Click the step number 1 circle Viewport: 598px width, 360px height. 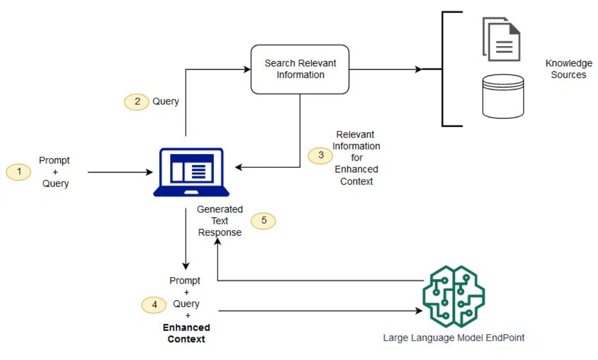[x=19, y=172]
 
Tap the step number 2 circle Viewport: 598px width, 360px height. [x=137, y=102]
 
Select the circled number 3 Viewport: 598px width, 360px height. [x=321, y=155]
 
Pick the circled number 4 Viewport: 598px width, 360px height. [x=154, y=305]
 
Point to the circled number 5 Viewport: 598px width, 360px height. [x=264, y=221]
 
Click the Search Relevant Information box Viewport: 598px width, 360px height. [x=300, y=69]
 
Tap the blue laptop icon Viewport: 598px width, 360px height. [x=191, y=172]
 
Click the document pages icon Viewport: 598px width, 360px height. [x=501, y=39]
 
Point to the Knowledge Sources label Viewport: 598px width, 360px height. [x=569, y=69]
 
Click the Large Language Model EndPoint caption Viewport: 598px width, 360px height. [x=454, y=338]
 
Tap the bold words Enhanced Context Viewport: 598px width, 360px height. [x=186, y=334]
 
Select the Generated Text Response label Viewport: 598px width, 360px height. [x=220, y=221]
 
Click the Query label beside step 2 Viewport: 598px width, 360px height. [x=165, y=102]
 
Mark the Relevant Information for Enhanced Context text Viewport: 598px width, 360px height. [x=356, y=158]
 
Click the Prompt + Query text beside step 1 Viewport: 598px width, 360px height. [x=55, y=172]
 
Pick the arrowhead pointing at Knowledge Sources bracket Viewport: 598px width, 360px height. [x=418, y=69]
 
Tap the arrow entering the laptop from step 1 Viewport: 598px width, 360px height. [x=150, y=172]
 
